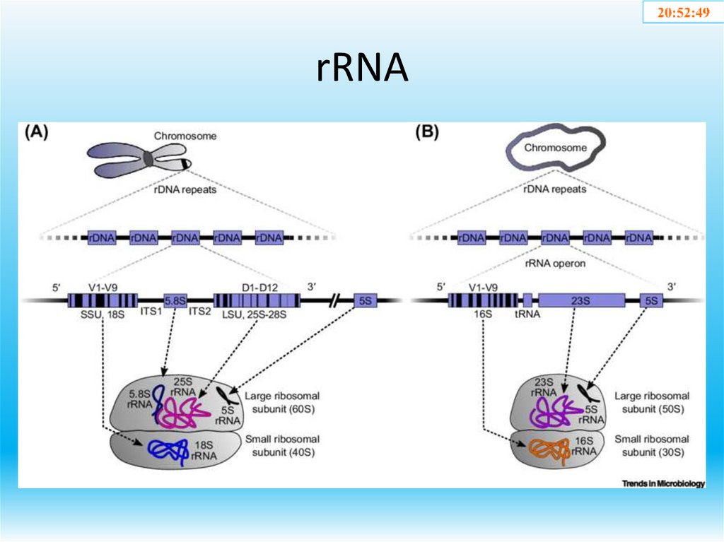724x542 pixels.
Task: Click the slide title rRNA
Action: click(x=361, y=69)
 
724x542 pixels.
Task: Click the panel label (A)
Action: click(x=37, y=132)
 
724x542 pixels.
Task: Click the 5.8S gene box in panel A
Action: click(x=175, y=300)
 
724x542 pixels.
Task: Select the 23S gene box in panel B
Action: click(x=581, y=300)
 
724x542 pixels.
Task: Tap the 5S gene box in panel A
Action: click(x=366, y=300)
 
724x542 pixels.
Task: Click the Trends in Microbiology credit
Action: click(x=663, y=483)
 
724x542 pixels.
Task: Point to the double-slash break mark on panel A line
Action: click(x=335, y=300)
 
